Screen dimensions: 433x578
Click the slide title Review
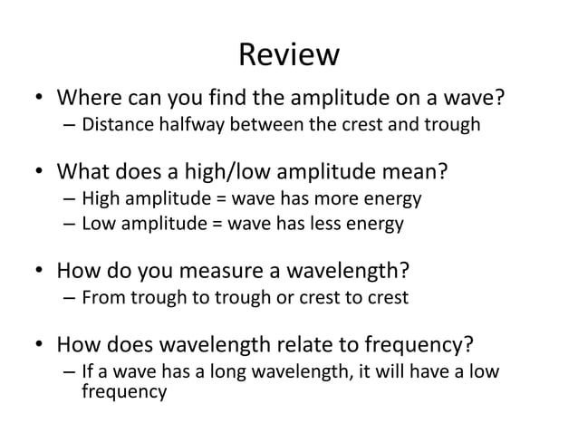click(x=288, y=56)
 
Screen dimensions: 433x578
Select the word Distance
click(x=115, y=124)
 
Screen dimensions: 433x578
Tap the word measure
click(x=226, y=270)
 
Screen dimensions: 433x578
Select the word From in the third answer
click(x=101, y=296)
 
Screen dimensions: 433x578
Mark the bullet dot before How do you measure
click(x=39, y=271)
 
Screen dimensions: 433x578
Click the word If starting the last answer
click(x=89, y=373)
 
